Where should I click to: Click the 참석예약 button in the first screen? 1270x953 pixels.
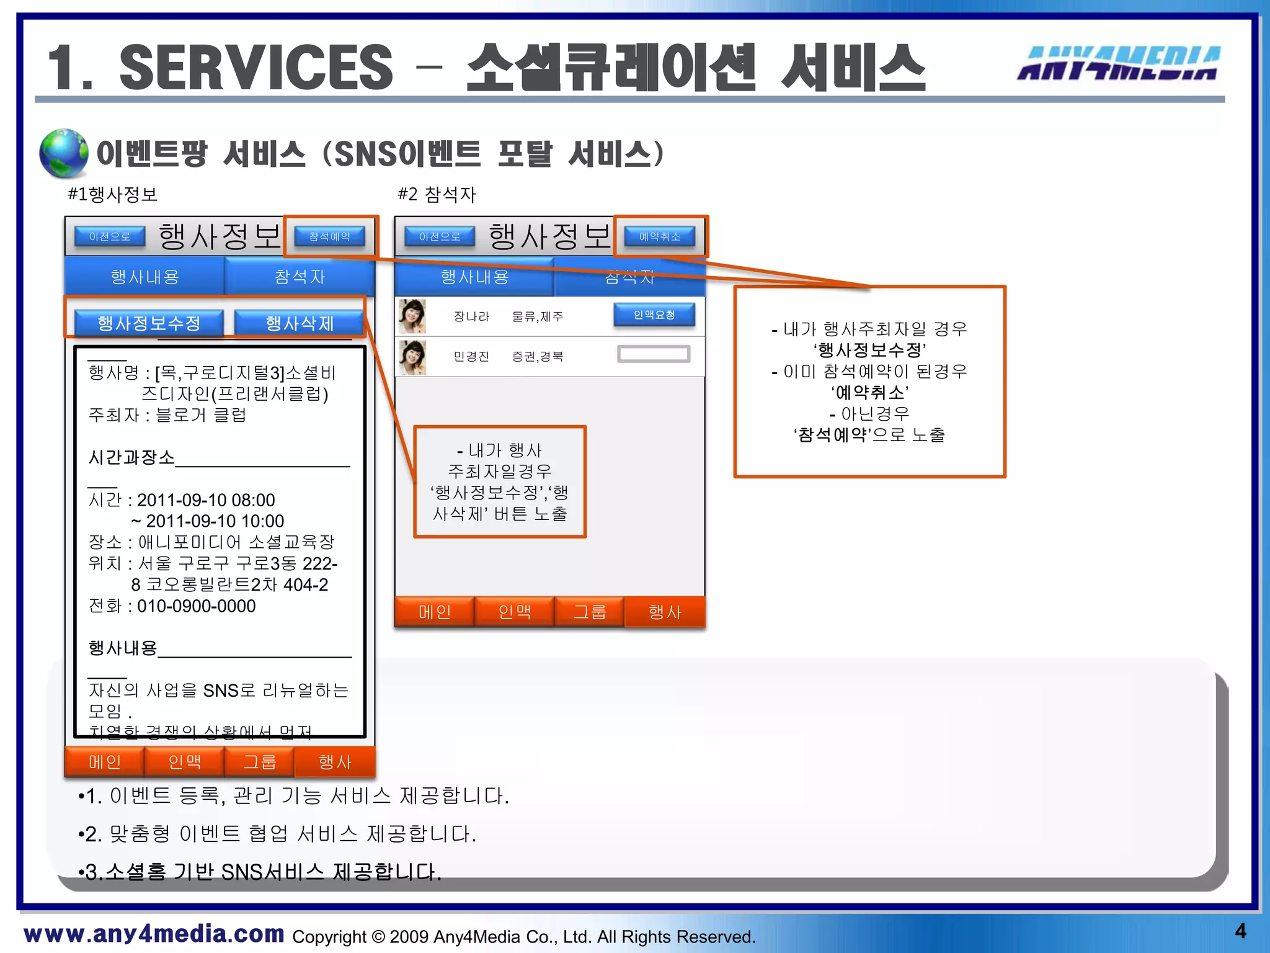click(x=329, y=236)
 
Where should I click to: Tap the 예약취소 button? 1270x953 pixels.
click(x=659, y=236)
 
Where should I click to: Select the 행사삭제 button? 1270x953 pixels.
click(x=300, y=323)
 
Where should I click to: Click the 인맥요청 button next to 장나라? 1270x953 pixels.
click(x=654, y=315)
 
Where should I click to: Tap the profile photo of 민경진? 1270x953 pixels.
click(x=412, y=357)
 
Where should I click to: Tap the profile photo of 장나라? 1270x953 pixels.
click(x=412, y=316)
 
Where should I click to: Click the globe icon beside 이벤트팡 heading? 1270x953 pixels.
click(x=63, y=153)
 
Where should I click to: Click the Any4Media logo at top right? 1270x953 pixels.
click(x=1119, y=63)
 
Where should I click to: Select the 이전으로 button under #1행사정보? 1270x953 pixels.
click(x=110, y=236)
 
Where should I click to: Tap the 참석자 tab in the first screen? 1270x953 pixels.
click(x=300, y=277)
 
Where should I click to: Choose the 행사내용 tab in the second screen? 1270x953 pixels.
click(x=474, y=277)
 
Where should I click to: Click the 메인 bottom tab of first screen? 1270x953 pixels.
click(x=105, y=762)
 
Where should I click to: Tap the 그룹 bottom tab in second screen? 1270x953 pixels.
click(x=589, y=612)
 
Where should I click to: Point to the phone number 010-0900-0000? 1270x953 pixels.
click(x=196, y=606)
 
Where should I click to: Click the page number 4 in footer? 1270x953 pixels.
click(x=1240, y=931)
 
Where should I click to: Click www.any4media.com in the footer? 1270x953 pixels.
click(x=154, y=934)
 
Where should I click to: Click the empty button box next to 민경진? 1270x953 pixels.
click(x=654, y=354)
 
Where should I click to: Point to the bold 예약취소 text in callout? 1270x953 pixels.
click(x=869, y=392)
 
